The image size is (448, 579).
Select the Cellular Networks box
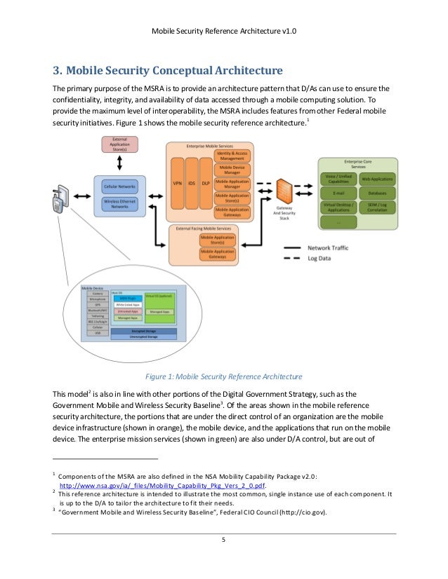(119, 186)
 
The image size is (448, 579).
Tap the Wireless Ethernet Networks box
(119, 204)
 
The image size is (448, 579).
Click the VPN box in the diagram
(178, 183)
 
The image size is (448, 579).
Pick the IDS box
(191, 183)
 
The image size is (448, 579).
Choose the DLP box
(204, 183)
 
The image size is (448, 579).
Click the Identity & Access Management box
(232, 155)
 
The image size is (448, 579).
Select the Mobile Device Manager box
(232, 170)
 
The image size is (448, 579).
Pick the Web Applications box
(377, 179)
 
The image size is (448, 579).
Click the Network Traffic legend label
(327, 248)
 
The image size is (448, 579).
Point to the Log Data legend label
(319, 258)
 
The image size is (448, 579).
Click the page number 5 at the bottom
(223, 540)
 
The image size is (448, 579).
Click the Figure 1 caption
(223, 375)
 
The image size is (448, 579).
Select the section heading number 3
(58, 71)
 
